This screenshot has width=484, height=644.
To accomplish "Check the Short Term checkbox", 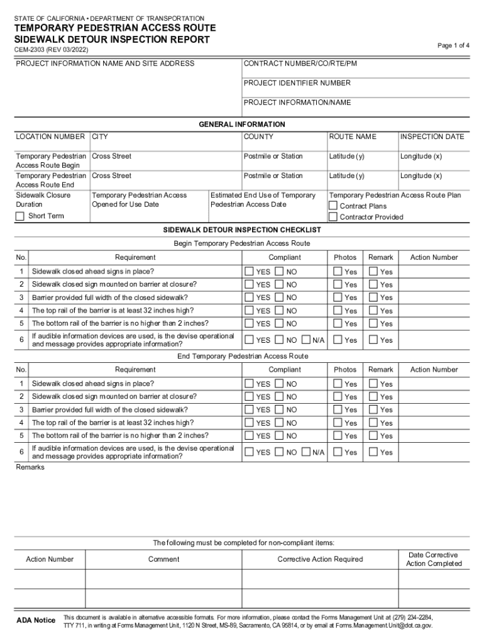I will [x=20, y=216].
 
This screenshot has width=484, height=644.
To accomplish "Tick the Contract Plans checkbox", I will [x=334, y=206].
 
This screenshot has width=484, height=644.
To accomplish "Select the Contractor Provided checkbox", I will [x=334, y=217].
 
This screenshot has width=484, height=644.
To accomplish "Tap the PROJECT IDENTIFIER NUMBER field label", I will [x=297, y=83].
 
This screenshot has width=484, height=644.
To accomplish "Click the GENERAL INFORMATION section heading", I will [x=242, y=125].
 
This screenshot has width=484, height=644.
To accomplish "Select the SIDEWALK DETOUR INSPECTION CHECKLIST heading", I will [x=242, y=231].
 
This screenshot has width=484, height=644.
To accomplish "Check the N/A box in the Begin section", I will [x=306, y=340].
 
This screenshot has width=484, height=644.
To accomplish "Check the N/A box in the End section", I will [x=306, y=452].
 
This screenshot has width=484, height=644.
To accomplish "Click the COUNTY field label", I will [x=258, y=136].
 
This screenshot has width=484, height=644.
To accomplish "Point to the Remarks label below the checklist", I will [x=30, y=467].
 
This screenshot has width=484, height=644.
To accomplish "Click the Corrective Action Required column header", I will [x=320, y=559].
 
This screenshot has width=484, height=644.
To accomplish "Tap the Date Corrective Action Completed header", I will [x=434, y=559].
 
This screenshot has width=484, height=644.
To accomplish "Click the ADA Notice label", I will [x=35, y=621].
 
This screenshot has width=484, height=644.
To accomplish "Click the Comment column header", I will [x=163, y=559].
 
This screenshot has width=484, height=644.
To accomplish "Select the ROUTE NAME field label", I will [x=352, y=136].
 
